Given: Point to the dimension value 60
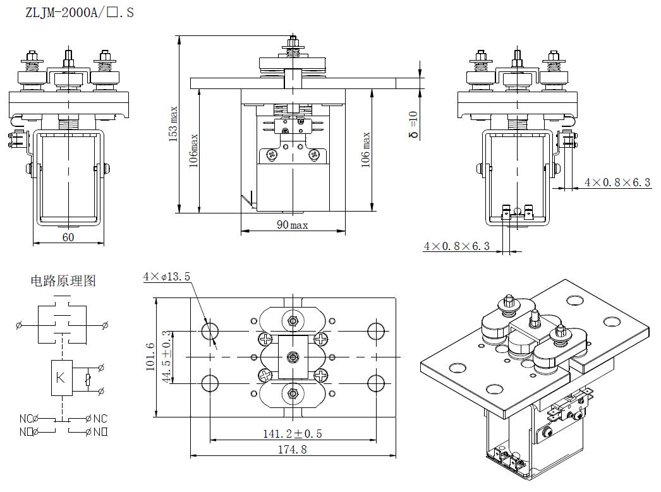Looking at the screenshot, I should [x=68, y=237].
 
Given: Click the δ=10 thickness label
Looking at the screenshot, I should [x=413, y=124].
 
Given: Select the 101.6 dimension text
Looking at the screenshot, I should [x=150, y=357].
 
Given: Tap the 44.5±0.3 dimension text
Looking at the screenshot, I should [x=166, y=357].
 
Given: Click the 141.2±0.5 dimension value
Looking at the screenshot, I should [x=292, y=434].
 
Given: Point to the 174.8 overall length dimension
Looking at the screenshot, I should [x=292, y=450].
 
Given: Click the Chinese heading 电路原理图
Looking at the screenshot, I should [x=63, y=281].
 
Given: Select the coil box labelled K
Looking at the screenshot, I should [x=61, y=378].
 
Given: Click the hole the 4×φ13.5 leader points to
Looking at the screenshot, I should [x=210, y=332].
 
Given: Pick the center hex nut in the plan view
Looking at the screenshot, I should [x=292, y=357].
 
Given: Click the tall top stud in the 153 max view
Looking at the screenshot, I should [x=292, y=44].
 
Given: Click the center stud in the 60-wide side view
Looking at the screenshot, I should [x=68, y=60].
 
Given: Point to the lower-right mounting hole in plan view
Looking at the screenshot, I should [x=376, y=383].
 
